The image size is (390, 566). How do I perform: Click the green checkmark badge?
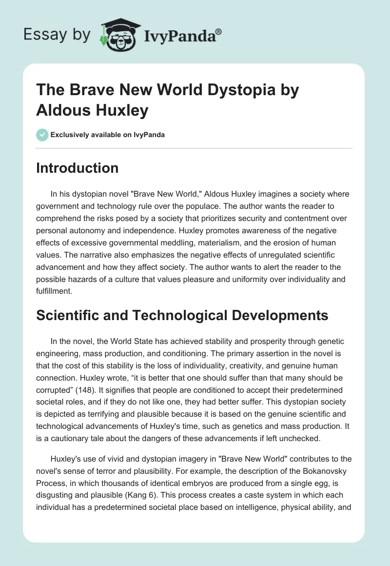pyautogui.click(x=42, y=135)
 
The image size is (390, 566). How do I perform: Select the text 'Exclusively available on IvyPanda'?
pyautogui.click(x=108, y=135)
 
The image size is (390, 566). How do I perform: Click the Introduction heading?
pyautogui.click(x=78, y=168)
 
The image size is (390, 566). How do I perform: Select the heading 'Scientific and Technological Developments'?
pyautogui.click(x=182, y=316)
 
